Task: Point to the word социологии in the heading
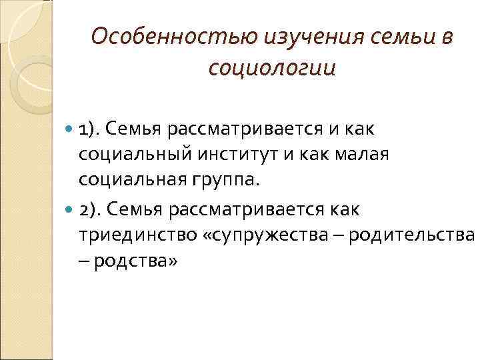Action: [271, 69]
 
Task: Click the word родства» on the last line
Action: [136, 262]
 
